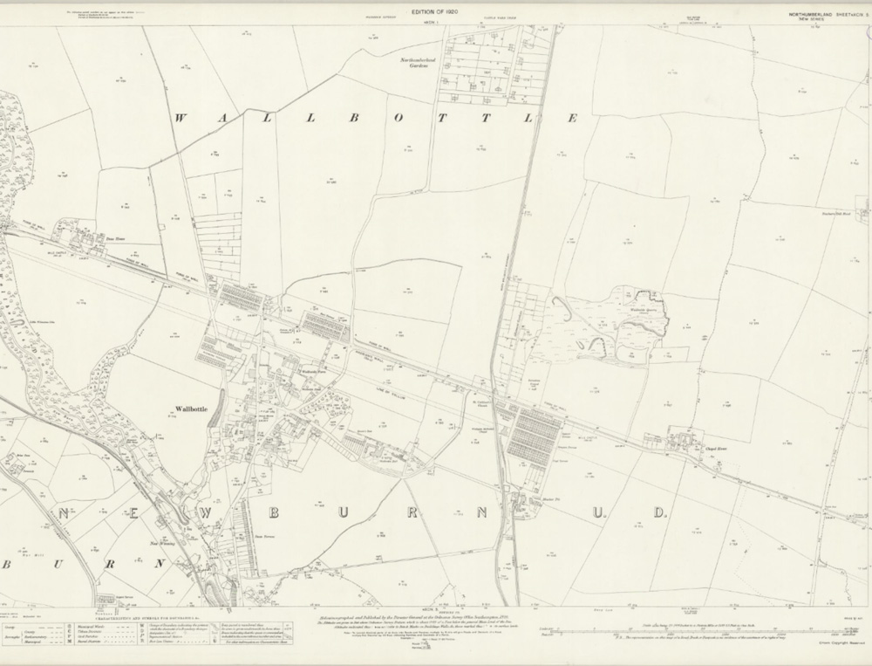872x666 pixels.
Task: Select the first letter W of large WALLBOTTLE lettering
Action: coord(183,118)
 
